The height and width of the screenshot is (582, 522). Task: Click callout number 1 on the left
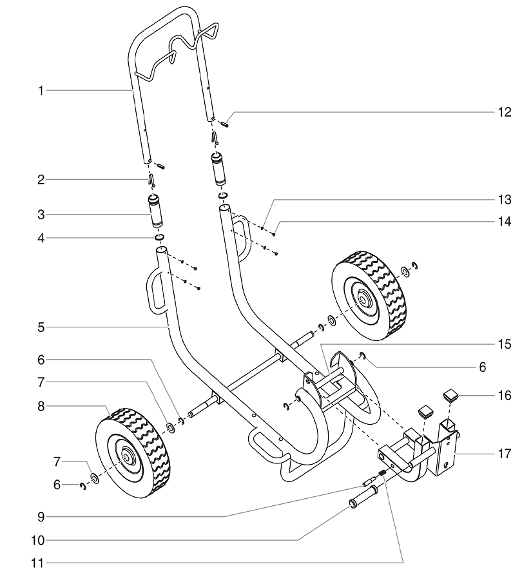[40, 91]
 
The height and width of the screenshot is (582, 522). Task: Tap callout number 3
[40, 213]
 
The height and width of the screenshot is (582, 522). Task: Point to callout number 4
[40, 238]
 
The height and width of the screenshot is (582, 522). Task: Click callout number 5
[40, 327]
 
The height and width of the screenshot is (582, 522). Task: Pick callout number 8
[40, 407]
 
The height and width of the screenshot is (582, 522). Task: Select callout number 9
[40, 516]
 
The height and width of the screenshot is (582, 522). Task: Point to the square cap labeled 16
[450, 394]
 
